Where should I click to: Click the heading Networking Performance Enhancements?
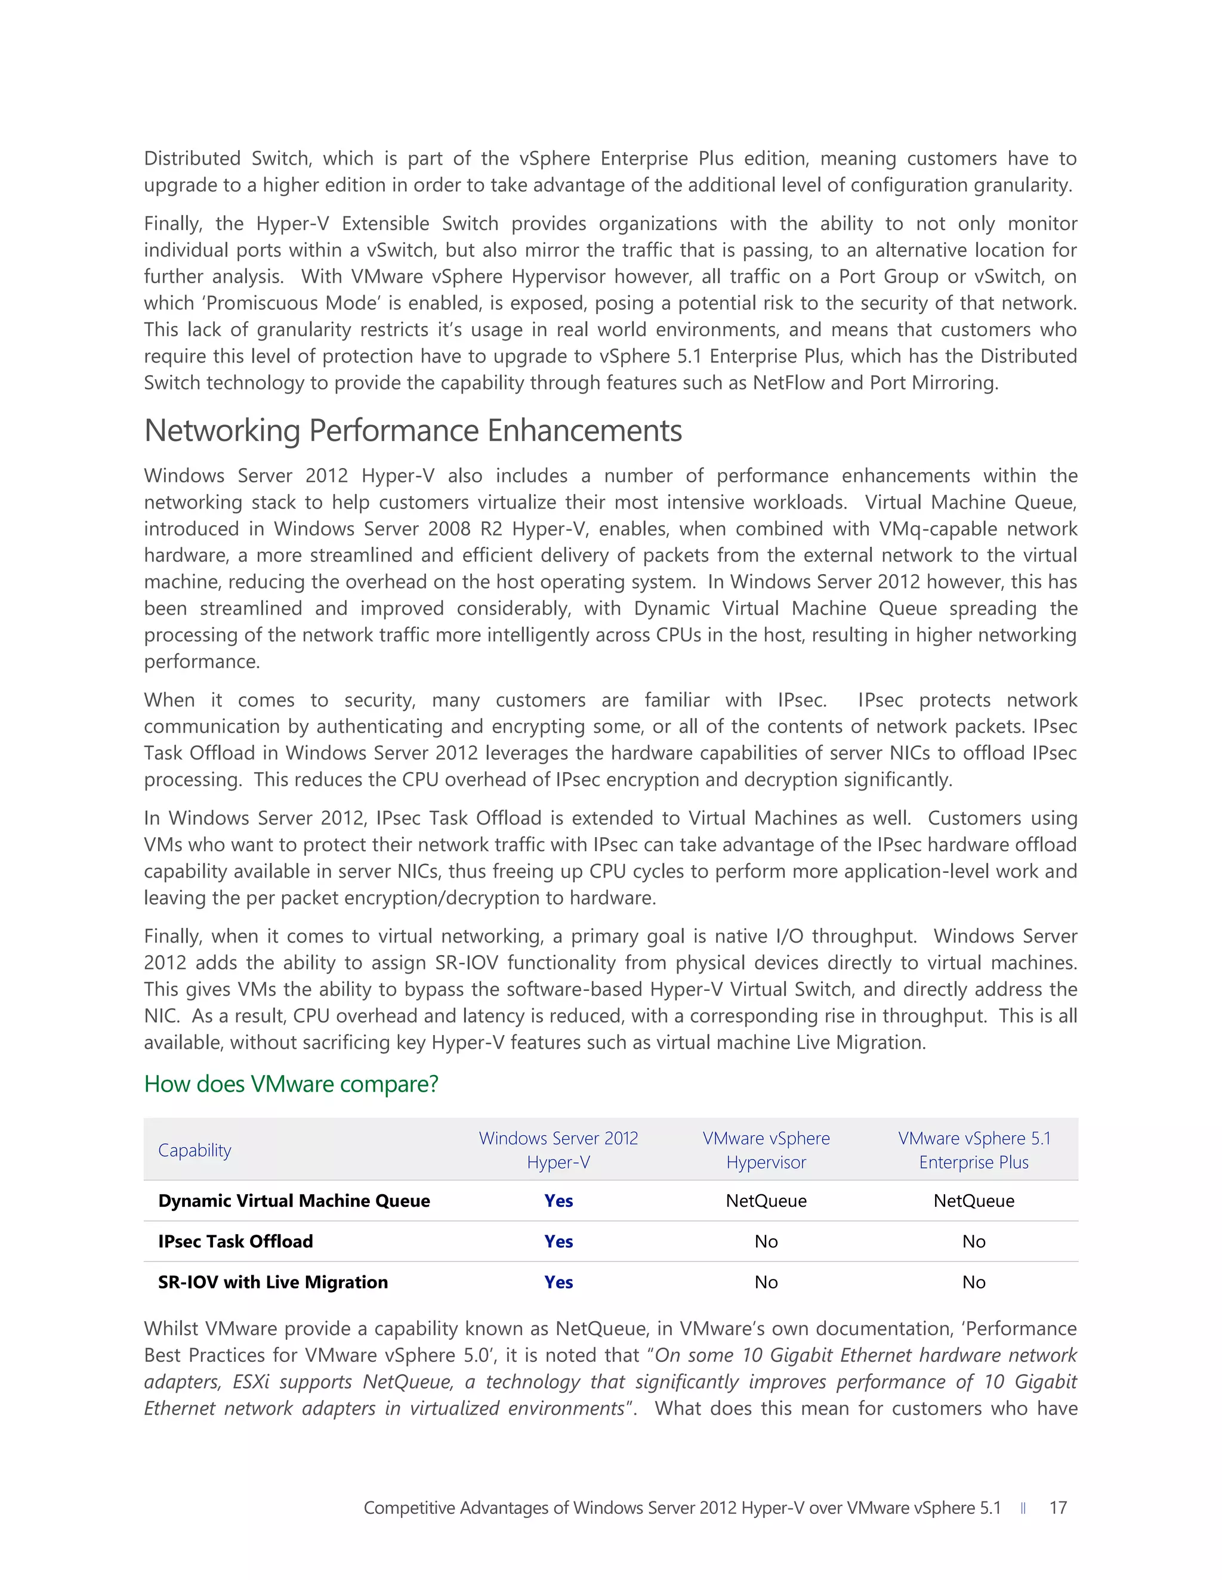click(x=413, y=431)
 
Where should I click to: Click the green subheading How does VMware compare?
click(x=291, y=1084)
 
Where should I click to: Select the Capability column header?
click(x=195, y=1150)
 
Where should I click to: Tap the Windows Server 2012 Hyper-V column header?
click(x=558, y=1150)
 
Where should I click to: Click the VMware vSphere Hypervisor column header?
click(x=766, y=1150)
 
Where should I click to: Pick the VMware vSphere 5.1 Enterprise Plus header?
click(x=974, y=1150)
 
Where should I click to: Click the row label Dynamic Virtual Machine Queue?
click(x=294, y=1201)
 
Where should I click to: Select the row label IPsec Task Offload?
click(x=235, y=1241)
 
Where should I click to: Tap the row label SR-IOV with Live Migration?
click(x=273, y=1282)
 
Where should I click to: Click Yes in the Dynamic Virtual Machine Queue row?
click(x=558, y=1201)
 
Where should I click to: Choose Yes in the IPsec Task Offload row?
click(x=558, y=1241)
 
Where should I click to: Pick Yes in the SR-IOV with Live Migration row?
click(x=558, y=1282)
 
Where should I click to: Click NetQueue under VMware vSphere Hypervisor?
click(x=766, y=1201)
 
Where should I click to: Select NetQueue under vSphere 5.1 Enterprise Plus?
click(x=974, y=1201)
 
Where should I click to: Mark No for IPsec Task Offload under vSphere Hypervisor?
click(x=766, y=1241)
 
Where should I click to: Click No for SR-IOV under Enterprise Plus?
click(x=974, y=1282)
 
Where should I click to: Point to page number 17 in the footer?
click(x=1058, y=1508)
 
